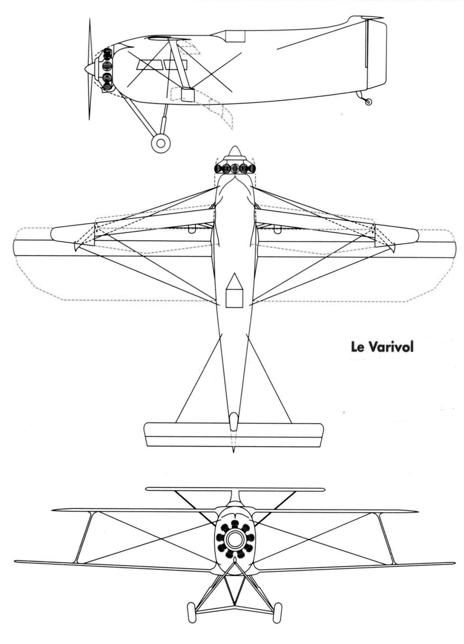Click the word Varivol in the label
[x=391, y=347]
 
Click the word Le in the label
[x=358, y=347]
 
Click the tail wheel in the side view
[x=368, y=102]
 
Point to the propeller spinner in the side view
[x=89, y=68]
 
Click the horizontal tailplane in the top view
[x=234, y=435]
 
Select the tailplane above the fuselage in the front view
[x=235, y=489]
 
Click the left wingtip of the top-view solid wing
[x=14, y=249]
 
